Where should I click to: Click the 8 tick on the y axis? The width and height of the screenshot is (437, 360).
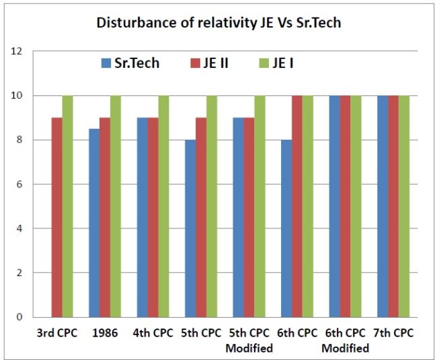click(20, 140)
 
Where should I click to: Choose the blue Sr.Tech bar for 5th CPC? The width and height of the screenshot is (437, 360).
click(191, 228)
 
